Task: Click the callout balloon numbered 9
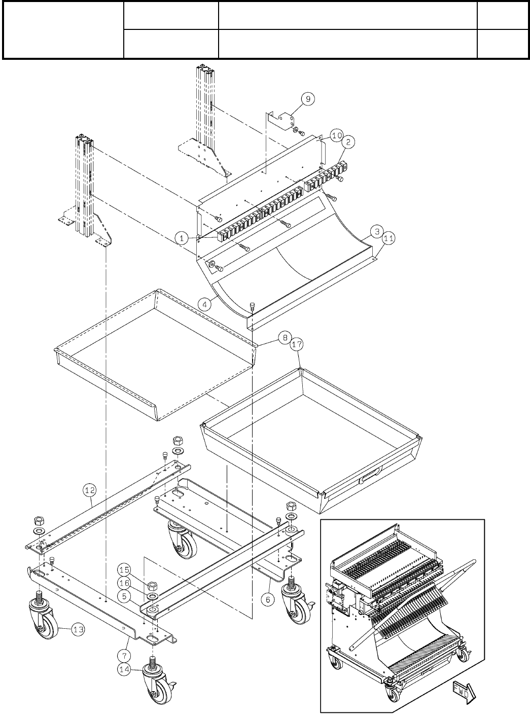pyautogui.click(x=308, y=99)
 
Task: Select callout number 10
pyautogui.click(x=337, y=135)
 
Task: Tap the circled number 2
pyautogui.click(x=348, y=143)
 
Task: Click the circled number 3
pyautogui.click(x=375, y=231)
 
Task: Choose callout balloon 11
pyautogui.click(x=388, y=237)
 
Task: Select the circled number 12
pyautogui.click(x=89, y=490)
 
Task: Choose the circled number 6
pyautogui.click(x=268, y=598)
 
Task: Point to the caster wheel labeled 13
pyautogui.click(x=45, y=623)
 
